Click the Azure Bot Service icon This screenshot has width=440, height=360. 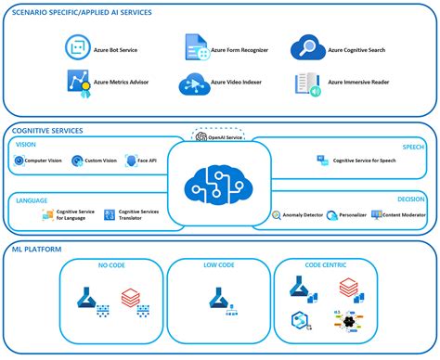[76, 46]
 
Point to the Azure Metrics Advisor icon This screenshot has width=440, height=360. [76, 84]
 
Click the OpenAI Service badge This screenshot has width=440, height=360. [219, 137]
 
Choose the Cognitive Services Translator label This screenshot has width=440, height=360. [137, 215]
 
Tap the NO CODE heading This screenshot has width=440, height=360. [111, 265]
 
